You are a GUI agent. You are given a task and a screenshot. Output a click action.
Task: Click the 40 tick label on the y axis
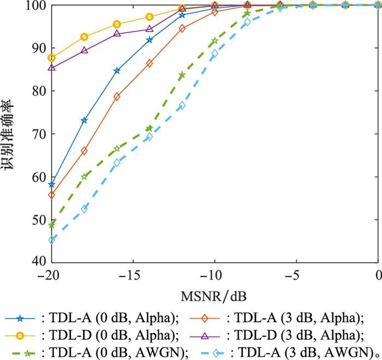point(38,261)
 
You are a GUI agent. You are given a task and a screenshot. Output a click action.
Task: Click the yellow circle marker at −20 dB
point(51,58)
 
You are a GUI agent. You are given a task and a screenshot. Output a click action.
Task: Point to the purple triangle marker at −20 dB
point(51,68)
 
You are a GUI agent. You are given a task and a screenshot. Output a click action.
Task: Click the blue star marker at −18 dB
point(84,120)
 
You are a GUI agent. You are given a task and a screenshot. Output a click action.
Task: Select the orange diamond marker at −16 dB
point(117,96)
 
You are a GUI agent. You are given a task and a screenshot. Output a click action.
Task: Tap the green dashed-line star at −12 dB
point(182,75)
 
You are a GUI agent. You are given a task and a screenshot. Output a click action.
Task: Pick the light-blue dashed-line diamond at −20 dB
point(51,239)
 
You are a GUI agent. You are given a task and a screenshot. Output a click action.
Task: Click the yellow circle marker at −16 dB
point(117,25)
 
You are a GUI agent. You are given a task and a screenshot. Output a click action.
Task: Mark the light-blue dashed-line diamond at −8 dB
point(247,22)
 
